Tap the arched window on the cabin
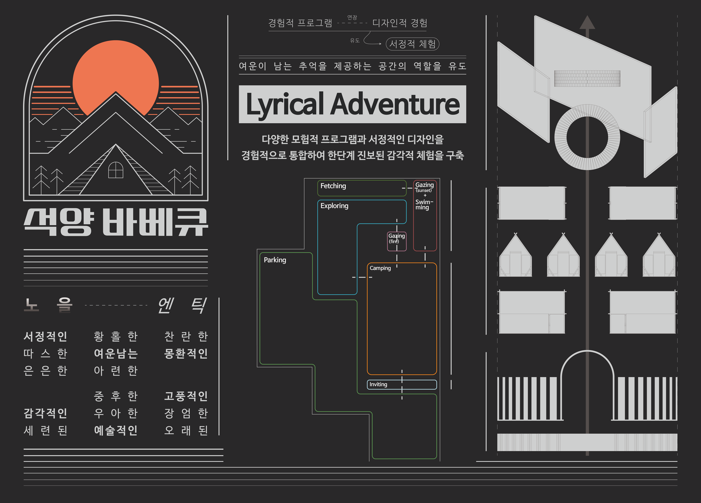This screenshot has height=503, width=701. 116,170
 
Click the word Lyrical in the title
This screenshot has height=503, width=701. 285,104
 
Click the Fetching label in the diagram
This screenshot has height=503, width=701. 333,186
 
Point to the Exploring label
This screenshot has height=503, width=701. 334,206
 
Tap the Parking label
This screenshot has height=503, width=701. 275,260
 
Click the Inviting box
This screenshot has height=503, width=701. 402,384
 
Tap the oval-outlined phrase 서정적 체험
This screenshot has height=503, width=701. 412,44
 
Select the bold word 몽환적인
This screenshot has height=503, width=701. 186,354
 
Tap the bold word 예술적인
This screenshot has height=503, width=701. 116,430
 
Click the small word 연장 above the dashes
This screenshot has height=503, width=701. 352,17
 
